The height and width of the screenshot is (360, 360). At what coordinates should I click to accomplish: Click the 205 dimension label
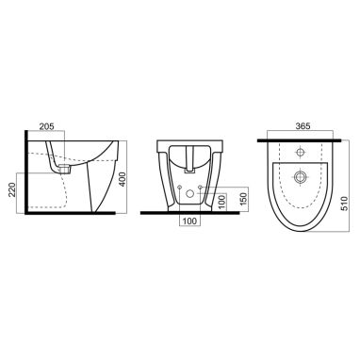tap(46, 126)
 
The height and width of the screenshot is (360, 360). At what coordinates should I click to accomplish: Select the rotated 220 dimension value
tap(12, 189)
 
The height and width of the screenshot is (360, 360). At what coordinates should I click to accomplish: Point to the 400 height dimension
tap(123, 179)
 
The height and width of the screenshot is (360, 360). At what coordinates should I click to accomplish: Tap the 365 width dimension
tap(303, 126)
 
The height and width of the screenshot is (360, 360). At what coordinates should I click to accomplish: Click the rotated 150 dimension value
tap(244, 197)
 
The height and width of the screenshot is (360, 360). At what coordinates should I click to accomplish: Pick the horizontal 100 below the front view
tap(189, 221)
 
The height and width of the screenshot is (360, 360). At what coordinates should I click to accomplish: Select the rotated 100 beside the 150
tap(221, 203)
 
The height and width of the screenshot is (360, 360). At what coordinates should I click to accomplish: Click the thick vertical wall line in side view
tap(26, 172)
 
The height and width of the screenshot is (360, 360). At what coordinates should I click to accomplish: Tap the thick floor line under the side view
tap(71, 213)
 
